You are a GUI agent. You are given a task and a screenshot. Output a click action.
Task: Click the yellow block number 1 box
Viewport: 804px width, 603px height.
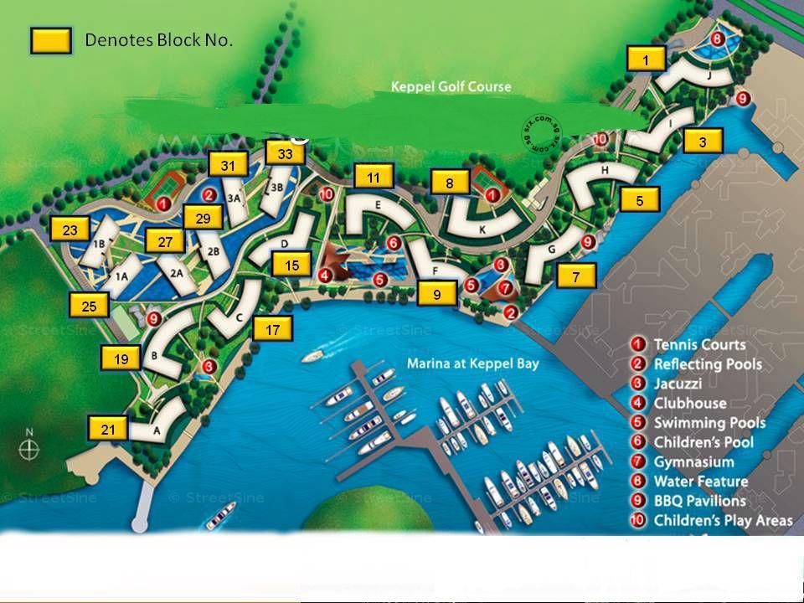(647, 59)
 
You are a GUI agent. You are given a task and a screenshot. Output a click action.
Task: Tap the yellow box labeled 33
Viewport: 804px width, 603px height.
(285, 154)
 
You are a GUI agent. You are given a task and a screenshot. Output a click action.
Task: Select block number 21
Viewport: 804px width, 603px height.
(108, 430)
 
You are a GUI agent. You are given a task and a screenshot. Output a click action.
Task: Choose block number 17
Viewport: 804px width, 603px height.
(273, 330)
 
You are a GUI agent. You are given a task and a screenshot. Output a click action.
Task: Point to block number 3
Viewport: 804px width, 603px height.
(703, 142)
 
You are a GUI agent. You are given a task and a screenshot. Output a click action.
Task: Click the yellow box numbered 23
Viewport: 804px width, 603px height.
(70, 230)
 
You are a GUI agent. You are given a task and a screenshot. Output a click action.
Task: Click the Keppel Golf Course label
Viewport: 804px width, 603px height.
(451, 86)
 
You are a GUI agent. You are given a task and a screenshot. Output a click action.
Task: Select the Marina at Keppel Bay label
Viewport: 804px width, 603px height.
(473, 363)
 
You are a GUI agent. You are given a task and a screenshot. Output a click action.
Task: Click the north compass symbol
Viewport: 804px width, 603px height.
(29, 447)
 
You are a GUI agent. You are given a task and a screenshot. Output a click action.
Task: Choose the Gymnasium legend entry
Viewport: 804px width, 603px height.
(693, 461)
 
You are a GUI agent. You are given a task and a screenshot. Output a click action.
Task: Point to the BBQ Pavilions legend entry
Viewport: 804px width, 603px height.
(698, 501)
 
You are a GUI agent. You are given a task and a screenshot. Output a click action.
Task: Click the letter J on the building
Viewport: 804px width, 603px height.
(709, 75)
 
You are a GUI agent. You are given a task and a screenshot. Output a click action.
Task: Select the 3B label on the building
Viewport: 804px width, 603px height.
(276, 188)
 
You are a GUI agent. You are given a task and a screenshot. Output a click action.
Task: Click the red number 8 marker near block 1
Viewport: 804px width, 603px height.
(717, 39)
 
